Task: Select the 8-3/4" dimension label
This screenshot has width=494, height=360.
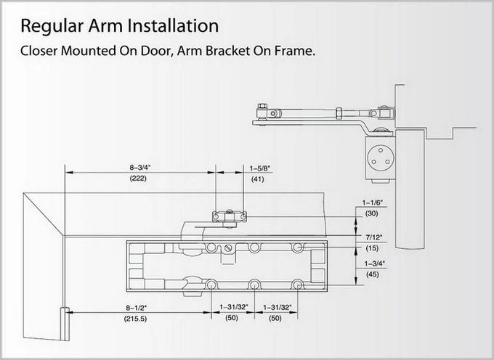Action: (140, 168)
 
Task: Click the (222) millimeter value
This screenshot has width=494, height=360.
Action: (138, 179)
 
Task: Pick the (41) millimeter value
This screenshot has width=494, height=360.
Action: (258, 179)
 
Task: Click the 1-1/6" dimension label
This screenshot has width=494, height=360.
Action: (373, 202)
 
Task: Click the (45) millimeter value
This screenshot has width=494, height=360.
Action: (373, 274)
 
